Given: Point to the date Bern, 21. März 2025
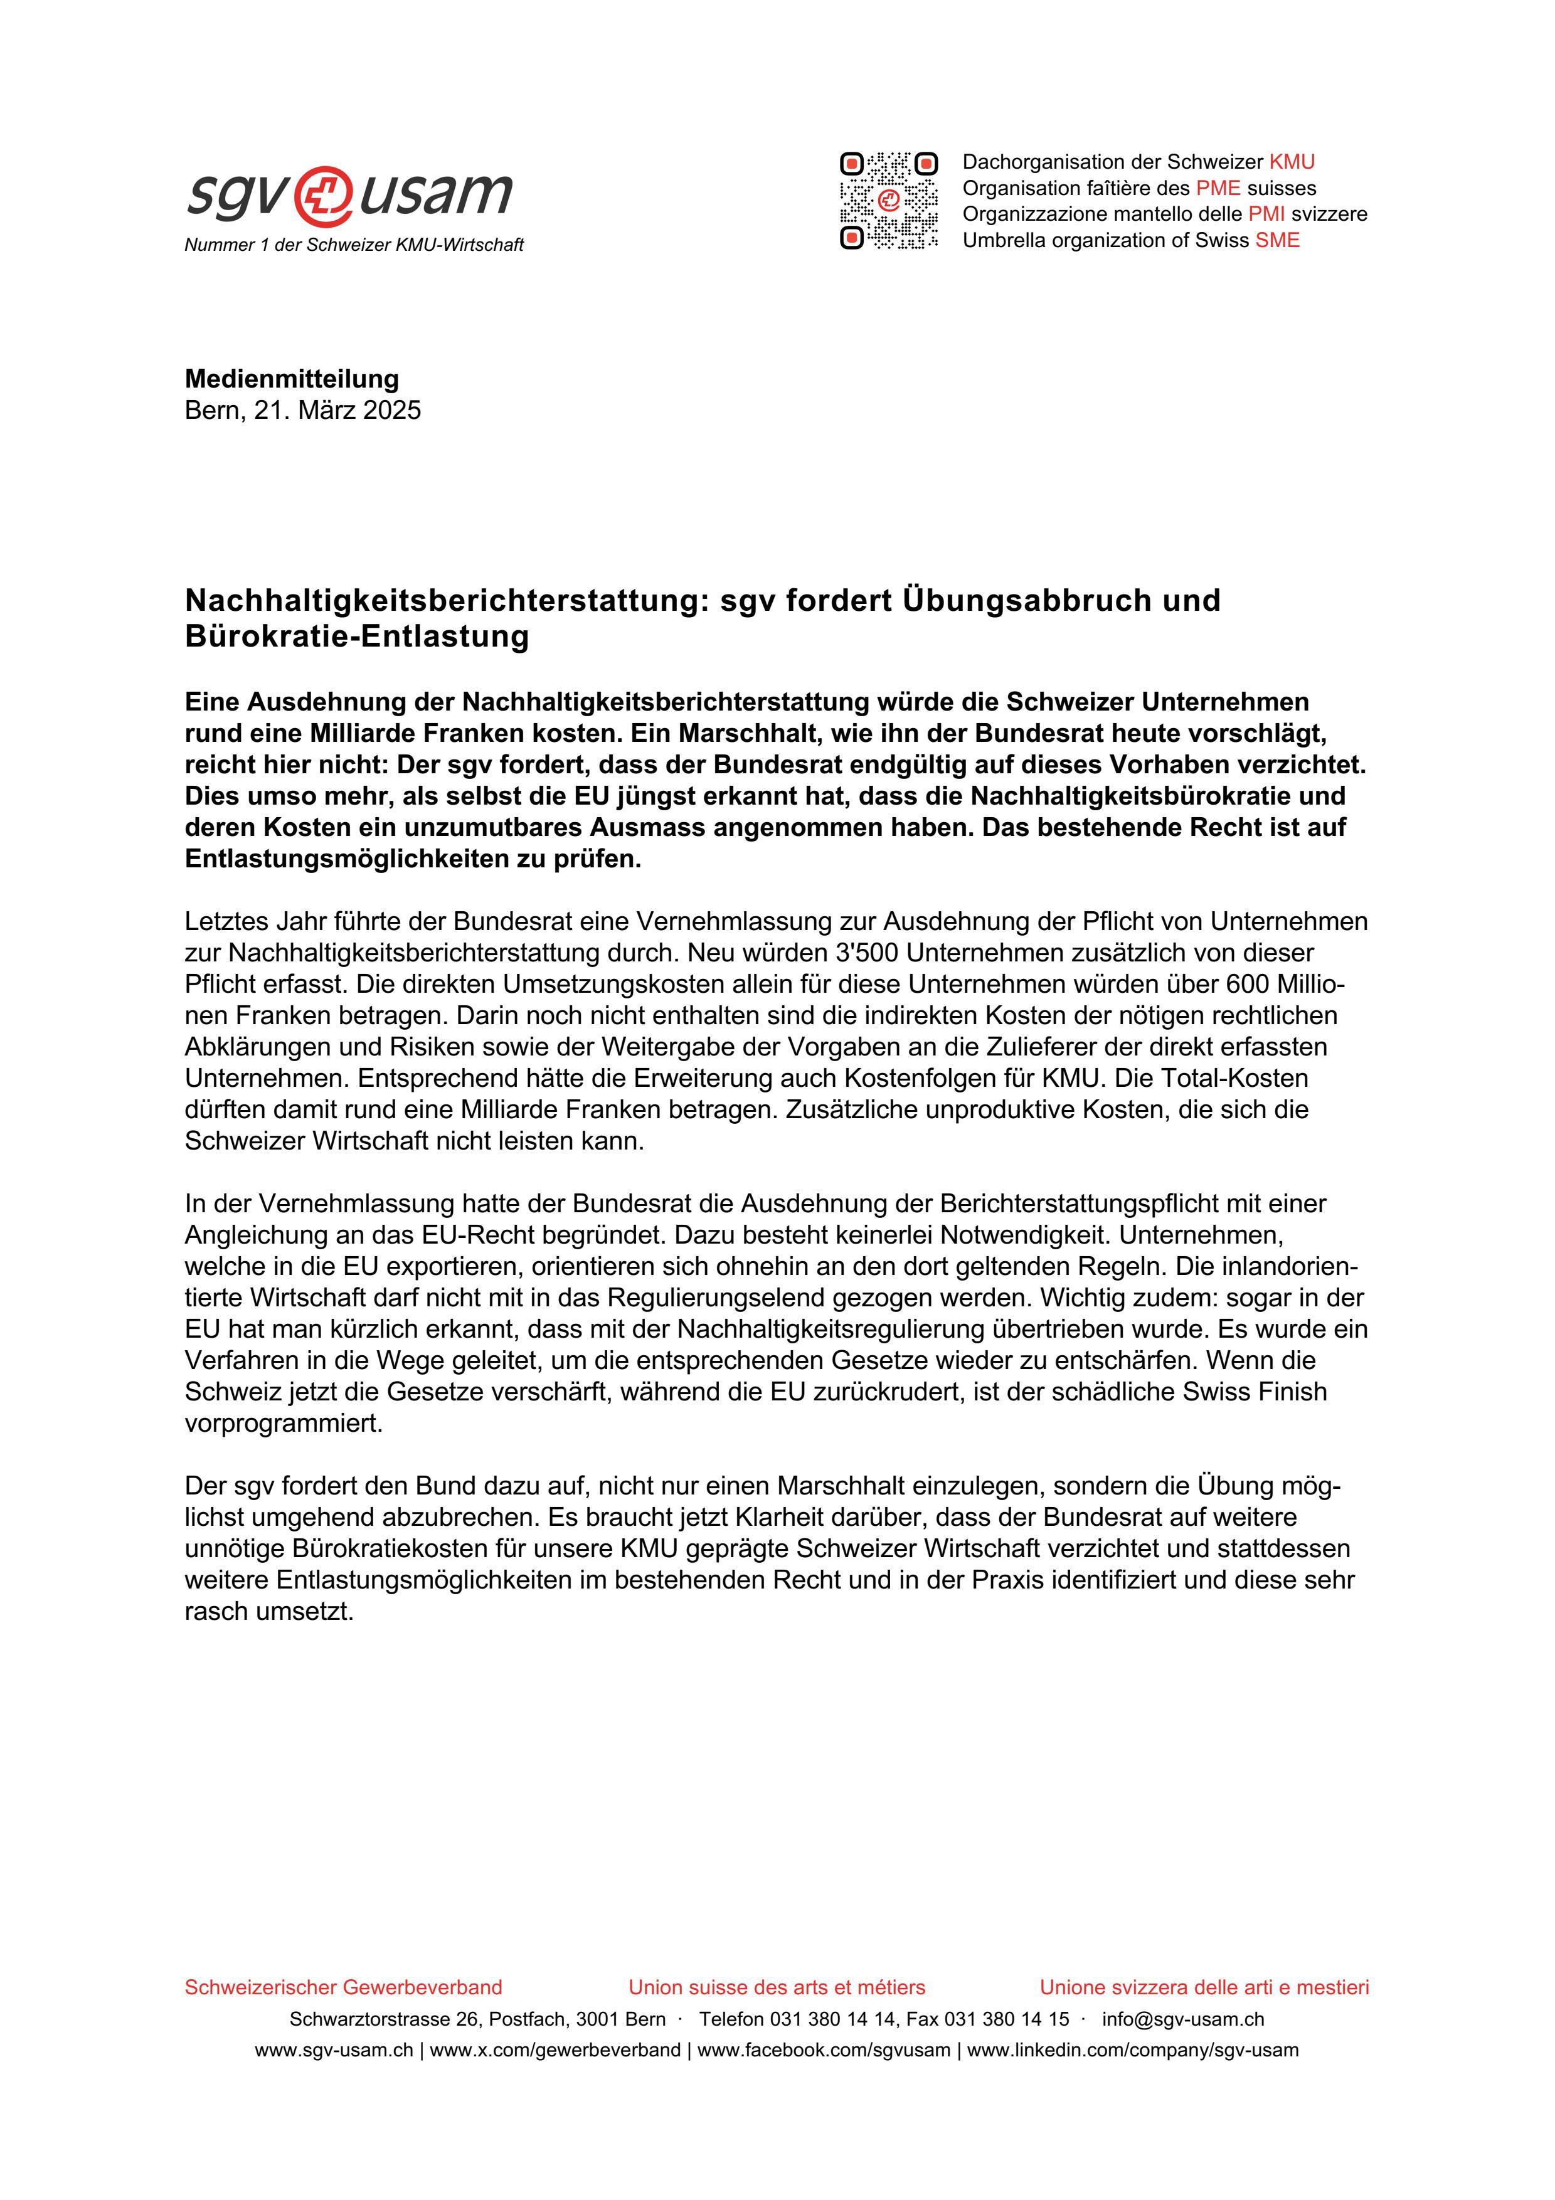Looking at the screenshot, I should (303, 410).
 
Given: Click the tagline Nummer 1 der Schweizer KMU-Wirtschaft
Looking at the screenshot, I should (354, 245).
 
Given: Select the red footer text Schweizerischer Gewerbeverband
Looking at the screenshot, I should (343, 1987).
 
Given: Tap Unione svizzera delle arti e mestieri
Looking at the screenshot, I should (1204, 1987).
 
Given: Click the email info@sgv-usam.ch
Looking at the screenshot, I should (1182, 2019).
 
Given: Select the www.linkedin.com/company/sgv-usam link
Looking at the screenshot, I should (1132, 2051).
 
